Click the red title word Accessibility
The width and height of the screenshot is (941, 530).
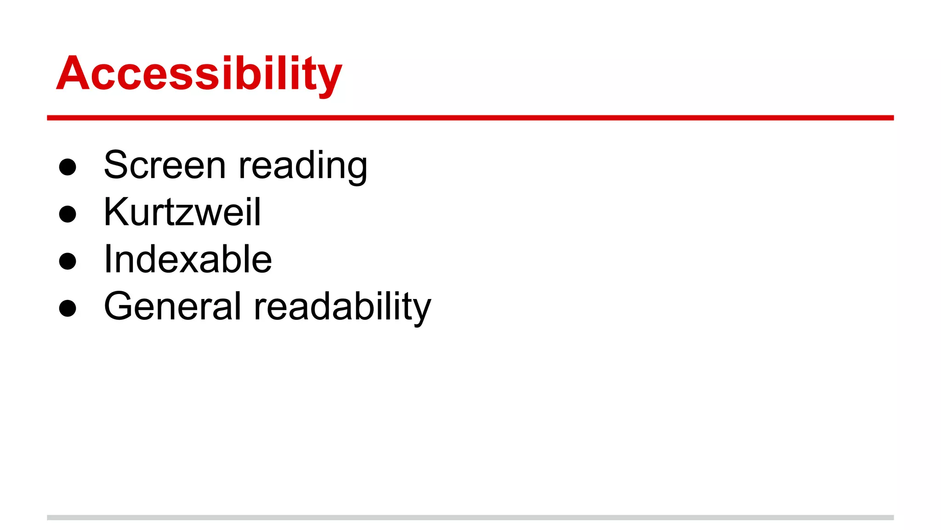[x=199, y=74]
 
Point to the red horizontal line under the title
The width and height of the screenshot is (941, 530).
[x=470, y=118]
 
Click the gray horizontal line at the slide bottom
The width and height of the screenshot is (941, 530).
[x=470, y=518]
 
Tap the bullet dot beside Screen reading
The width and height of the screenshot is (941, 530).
[x=68, y=167]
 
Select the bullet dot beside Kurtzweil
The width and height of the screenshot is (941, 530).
[x=68, y=214]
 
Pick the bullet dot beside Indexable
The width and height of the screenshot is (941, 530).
[x=68, y=261]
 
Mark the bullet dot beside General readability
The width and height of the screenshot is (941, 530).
[x=68, y=308]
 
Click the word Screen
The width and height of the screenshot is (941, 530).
[x=165, y=165]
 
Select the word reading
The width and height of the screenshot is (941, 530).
[x=303, y=167]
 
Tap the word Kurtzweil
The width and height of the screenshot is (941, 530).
[x=182, y=212]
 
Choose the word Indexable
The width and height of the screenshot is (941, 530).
[x=188, y=259]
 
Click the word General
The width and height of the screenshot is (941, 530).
[x=172, y=306]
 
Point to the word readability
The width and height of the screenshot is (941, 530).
[x=342, y=308]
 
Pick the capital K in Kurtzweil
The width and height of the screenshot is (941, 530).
[x=115, y=212]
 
